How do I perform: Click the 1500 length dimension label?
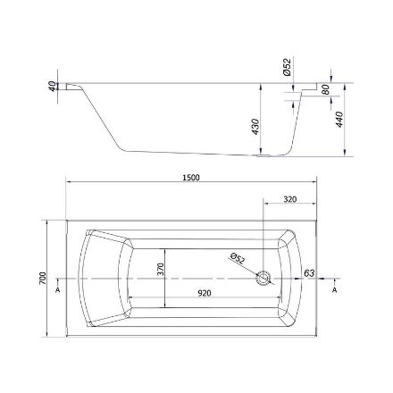point(191,178)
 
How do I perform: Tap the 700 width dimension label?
point(43,278)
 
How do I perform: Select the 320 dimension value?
point(289,199)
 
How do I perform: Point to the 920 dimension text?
point(205,293)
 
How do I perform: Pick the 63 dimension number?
point(309,273)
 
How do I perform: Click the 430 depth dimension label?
point(255,127)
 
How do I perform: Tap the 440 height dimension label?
point(339,120)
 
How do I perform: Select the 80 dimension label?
point(326,89)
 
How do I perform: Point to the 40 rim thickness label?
point(52,86)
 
